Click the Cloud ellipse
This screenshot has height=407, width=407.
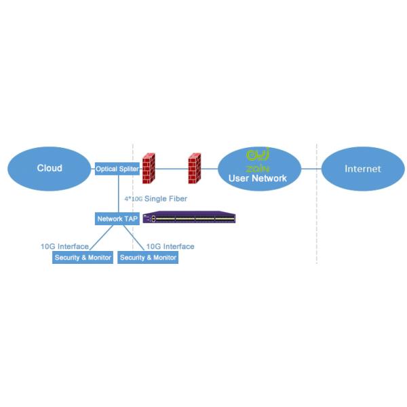click(49, 168)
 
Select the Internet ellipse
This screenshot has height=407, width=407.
click(363, 168)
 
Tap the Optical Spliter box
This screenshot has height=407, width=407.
click(117, 169)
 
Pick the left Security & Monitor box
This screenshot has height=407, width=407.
click(83, 258)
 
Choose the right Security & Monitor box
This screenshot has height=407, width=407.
click(149, 258)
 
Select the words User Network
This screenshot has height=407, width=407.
click(258, 178)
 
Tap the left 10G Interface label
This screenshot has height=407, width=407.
click(64, 246)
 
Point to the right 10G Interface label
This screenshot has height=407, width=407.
click(170, 246)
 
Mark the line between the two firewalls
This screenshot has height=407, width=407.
click(172, 168)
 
